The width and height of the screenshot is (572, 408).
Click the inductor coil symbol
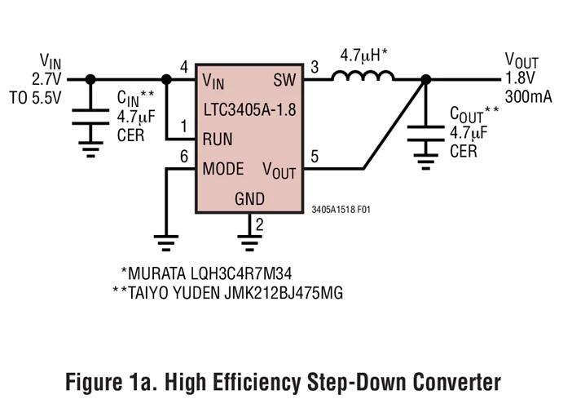pos(363,77)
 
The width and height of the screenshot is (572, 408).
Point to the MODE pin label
pos(223,169)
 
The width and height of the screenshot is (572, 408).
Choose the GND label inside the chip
pos(249,198)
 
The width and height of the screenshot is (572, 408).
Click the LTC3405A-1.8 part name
pos(249,109)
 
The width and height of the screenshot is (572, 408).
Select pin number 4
pos(183,67)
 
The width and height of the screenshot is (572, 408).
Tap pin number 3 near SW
pos(315,67)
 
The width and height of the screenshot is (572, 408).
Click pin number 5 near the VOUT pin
pos(315,156)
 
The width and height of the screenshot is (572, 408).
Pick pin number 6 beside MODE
pos(183,156)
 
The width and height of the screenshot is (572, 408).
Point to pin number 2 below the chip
pos(259,225)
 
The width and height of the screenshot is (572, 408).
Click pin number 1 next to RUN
pos(183,126)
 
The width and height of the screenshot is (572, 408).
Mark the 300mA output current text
pos(528,97)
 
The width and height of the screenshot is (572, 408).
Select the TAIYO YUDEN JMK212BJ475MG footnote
pos(227,292)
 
